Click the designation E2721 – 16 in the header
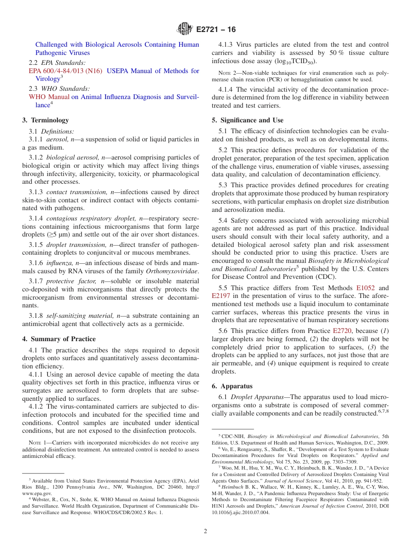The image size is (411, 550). click(x=216, y=30)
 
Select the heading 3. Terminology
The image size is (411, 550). click(x=45, y=120)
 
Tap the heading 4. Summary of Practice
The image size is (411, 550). click(x=59, y=339)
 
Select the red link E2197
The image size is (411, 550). click(x=221, y=296)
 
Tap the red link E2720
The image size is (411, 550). click(x=342, y=331)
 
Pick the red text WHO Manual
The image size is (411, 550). click(x=49, y=97)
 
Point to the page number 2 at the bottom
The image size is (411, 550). click(x=205, y=531)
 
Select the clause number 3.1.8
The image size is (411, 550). click(x=36, y=316)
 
